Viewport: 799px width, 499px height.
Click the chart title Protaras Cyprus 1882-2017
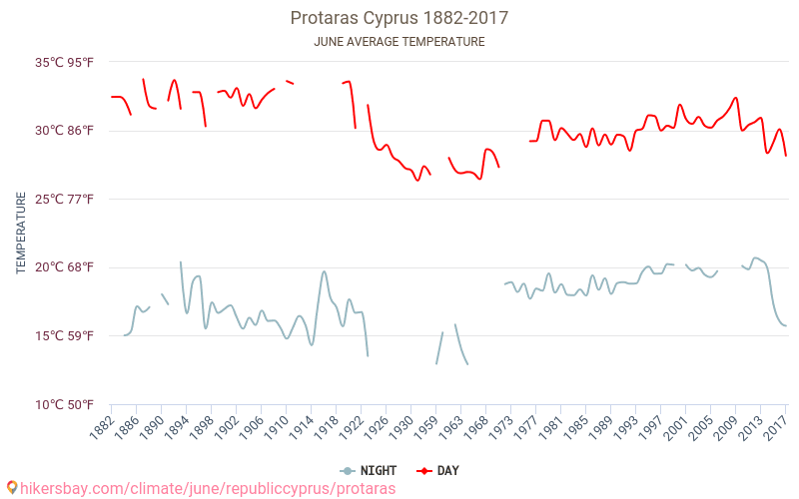[x=399, y=18]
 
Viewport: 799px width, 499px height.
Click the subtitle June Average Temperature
[x=399, y=42]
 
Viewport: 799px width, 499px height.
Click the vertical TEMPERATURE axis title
[x=21, y=234]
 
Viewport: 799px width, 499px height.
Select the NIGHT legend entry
[x=369, y=470]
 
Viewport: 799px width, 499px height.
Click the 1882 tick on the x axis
[x=100, y=427]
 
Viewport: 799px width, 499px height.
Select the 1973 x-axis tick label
[x=499, y=427]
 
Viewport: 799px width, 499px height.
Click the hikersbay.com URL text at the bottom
[x=208, y=489]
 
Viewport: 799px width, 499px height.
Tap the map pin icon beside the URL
[x=11, y=488]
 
